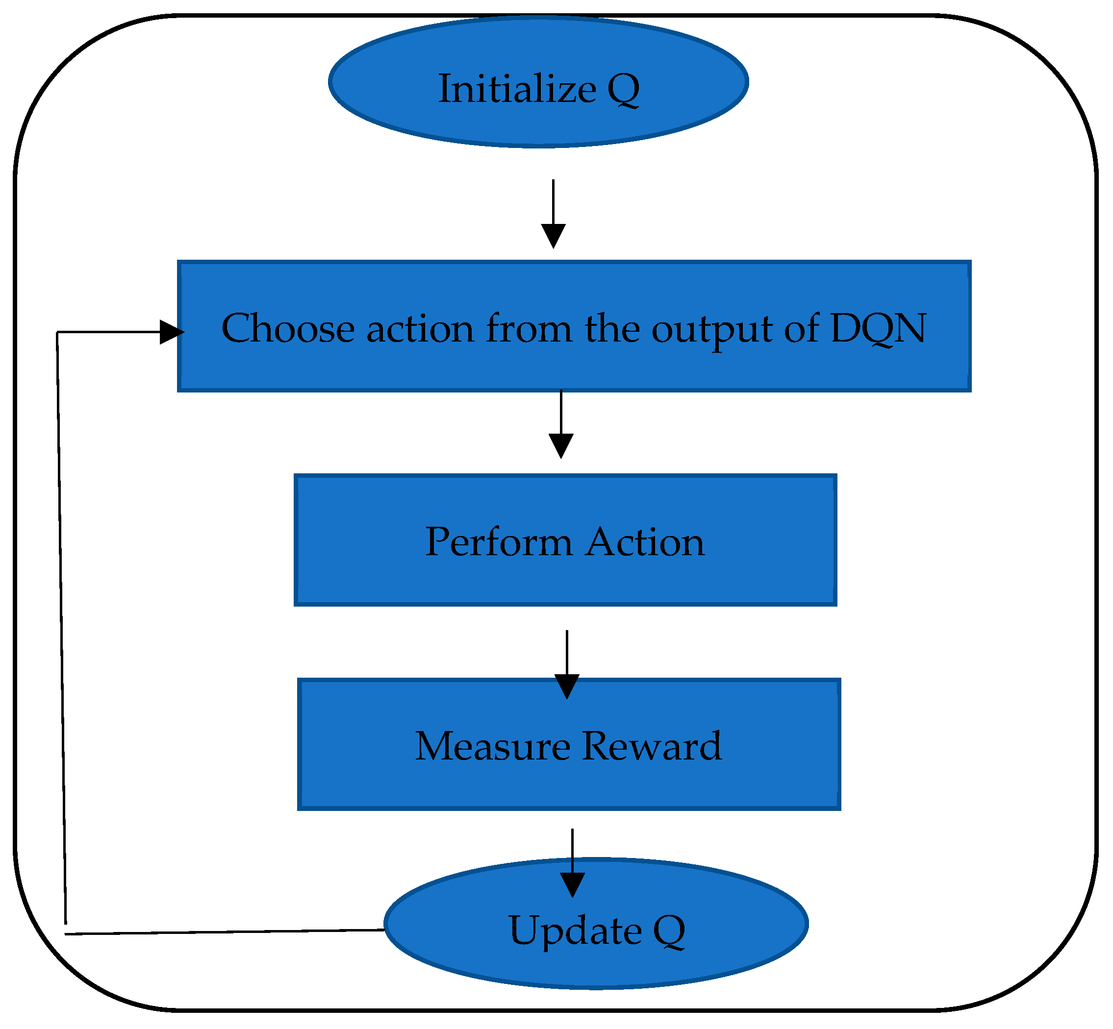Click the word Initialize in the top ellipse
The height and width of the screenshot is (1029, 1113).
click(517, 89)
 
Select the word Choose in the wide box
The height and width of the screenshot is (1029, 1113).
click(288, 328)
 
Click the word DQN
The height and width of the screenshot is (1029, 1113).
click(878, 328)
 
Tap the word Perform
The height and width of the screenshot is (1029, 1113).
click(499, 542)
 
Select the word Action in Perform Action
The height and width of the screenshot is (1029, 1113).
click(646, 542)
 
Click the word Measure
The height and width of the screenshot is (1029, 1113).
click(492, 747)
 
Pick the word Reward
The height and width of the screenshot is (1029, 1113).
click(652, 747)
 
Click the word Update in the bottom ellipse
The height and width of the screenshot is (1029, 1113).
click(575, 931)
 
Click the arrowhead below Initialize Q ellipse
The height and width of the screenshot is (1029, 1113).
click(554, 236)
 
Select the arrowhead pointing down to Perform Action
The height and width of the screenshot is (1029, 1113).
click(561, 446)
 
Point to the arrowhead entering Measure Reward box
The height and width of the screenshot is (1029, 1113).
click(567, 686)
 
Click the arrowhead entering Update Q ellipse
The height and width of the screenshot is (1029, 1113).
click(573, 885)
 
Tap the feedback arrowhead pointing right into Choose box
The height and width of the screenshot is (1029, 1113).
click(171, 332)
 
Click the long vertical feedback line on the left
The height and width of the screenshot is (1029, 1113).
click(61, 612)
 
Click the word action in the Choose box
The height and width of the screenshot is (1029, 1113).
click(420, 328)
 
